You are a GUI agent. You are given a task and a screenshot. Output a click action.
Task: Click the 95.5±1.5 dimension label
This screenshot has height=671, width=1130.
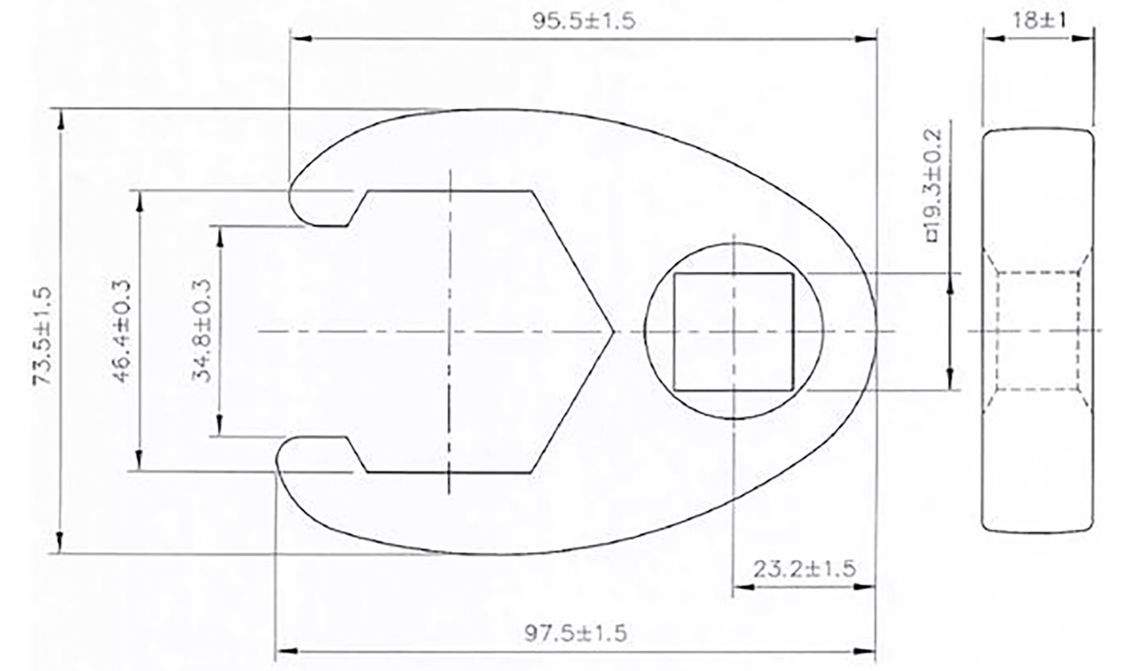[583, 21]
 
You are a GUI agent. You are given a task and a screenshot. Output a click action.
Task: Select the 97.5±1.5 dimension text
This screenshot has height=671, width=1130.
[576, 633]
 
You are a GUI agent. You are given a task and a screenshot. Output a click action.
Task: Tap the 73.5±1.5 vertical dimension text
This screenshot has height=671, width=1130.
[43, 336]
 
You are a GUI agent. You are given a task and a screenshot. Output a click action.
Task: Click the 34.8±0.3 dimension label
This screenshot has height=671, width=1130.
[202, 331]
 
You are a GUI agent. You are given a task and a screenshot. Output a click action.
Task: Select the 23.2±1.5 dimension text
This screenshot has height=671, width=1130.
[804, 569]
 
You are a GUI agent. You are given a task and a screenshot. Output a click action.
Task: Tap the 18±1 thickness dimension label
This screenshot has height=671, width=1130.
[1039, 21]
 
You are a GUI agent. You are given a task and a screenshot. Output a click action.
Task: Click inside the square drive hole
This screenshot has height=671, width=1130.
[733, 332]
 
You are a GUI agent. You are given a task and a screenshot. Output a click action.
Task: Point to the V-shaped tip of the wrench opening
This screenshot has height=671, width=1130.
[613, 331]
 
